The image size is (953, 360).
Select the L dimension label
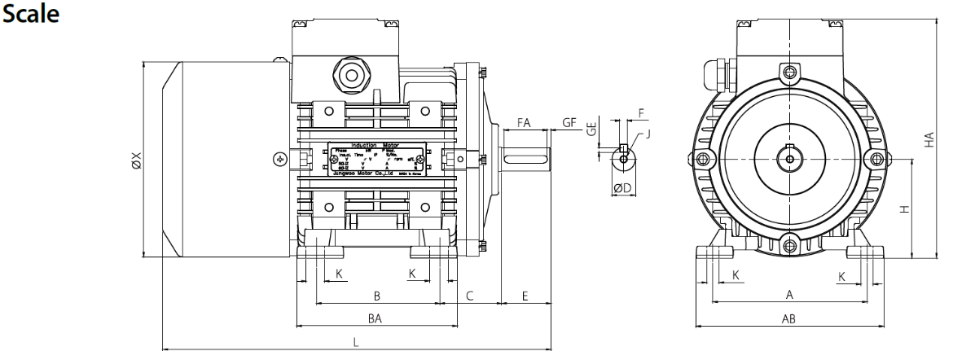355,342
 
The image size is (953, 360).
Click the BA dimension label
375,318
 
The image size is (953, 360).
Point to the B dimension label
376,294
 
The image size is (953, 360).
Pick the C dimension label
470,294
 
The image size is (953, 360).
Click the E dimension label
525,294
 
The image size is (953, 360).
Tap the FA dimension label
524,123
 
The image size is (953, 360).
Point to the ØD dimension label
622,188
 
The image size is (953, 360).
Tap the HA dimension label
929,140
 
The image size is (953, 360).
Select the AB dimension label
788,318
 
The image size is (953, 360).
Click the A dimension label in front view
788,294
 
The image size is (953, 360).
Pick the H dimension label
902,209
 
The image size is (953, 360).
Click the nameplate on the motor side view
376,160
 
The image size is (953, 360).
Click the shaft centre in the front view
790,156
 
